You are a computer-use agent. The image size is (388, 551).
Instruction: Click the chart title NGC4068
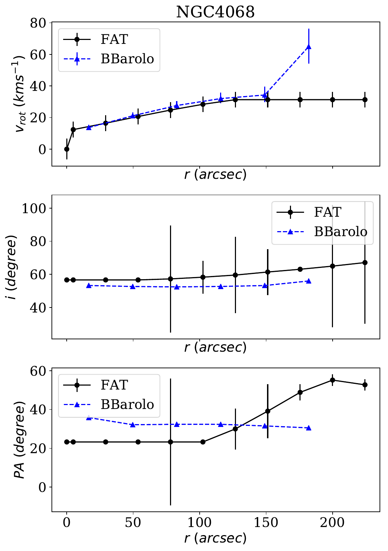click(215, 12)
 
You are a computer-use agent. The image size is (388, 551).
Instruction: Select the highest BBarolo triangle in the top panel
click(309, 47)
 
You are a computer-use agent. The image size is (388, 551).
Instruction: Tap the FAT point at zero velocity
click(67, 149)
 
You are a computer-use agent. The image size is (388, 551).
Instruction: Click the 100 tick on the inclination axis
click(34, 208)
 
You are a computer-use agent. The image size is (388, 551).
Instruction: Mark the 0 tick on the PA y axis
click(43, 487)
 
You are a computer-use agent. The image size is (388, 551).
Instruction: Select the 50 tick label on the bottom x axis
click(133, 522)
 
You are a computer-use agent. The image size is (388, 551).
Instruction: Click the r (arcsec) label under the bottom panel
click(215, 538)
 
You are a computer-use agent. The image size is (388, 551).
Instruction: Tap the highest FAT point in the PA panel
click(332, 380)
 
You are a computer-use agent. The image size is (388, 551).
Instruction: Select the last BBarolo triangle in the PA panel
click(309, 428)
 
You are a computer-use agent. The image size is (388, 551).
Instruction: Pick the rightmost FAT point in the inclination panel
click(365, 263)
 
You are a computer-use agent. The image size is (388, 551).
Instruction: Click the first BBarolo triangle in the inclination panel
click(89, 285)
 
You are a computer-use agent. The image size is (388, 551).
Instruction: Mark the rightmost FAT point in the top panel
click(365, 100)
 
